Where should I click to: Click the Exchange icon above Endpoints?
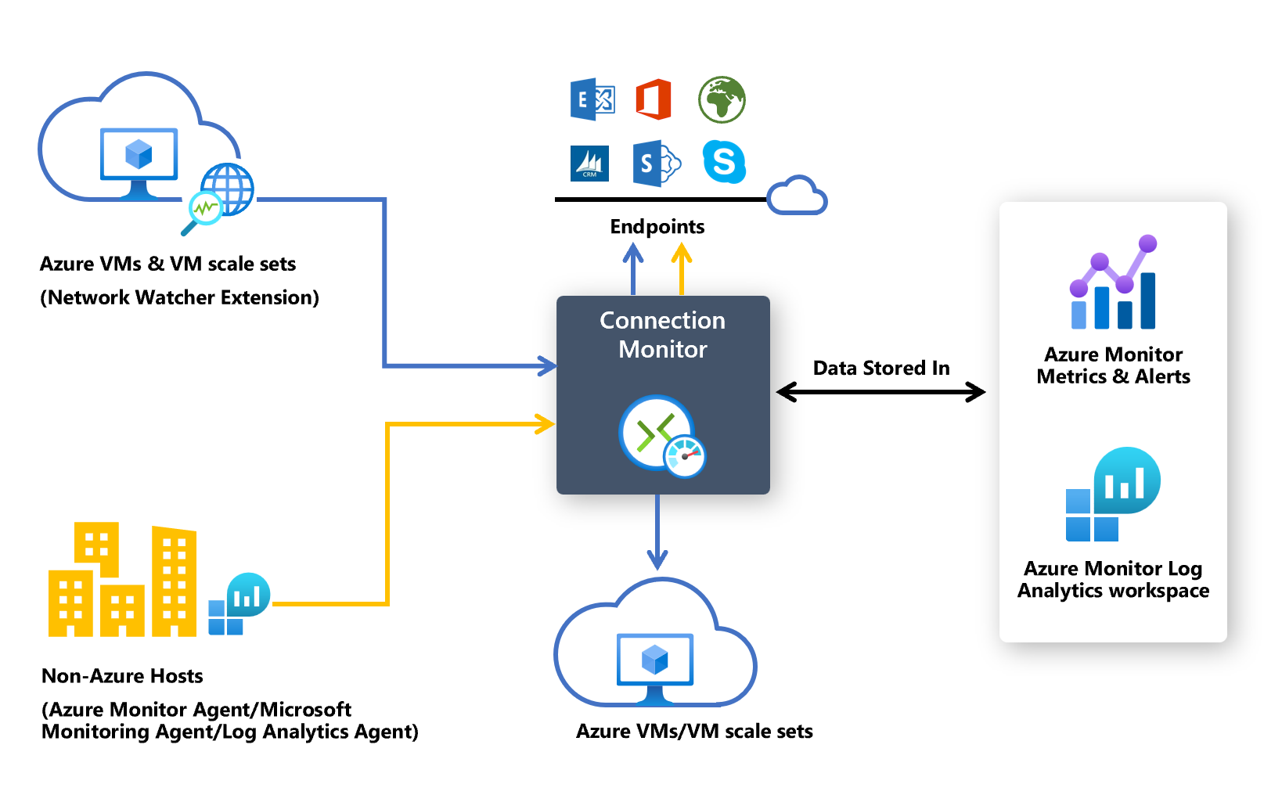coord(592,99)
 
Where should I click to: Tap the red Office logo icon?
coord(654,99)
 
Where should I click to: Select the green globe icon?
coord(722,99)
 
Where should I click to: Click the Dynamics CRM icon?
coord(589,164)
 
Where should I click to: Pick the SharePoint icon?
coord(655,164)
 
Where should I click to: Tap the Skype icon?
coord(724,162)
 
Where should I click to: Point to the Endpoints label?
coord(657,227)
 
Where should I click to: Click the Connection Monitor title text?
coord(662,335)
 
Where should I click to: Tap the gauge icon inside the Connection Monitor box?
coord(685,456)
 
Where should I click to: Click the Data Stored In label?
coord(880,368)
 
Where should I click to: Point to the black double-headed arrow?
coord(880,392)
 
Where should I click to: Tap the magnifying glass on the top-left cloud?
coord(203,210)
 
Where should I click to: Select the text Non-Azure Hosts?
coord(122,676)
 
